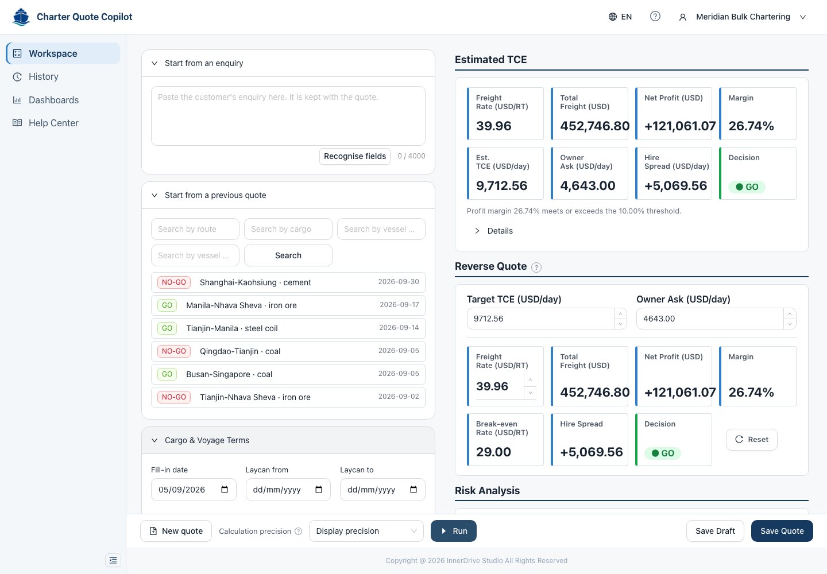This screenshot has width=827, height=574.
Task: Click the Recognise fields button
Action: coord(354,156)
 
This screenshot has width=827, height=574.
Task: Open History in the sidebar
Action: coord(43,76)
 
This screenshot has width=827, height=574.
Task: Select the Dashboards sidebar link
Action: coord(53,100)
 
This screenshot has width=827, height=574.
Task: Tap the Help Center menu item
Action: coord(53,123)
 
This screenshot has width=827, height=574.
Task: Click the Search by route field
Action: coord(195,229)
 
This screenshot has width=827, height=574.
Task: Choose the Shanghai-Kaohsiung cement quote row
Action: coord(288,282)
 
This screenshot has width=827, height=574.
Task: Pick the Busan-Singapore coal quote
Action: coord(288,374)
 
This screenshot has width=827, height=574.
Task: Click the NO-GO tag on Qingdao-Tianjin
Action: coord(174,351)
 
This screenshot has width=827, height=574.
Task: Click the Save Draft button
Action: coord(715,531)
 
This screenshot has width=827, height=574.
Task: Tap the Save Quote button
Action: coord(782,531)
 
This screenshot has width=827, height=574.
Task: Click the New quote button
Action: coord(176,531)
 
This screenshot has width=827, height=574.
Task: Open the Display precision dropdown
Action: coord(366,531)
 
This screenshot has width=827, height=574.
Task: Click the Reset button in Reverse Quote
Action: coord(752,439)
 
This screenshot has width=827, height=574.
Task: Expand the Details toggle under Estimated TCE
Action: coord(494,231)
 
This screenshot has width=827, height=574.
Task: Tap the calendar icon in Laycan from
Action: coord(319,490)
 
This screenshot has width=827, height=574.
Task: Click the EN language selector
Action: coord(620,17)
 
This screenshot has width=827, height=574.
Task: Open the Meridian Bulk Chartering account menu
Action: coord(743,17)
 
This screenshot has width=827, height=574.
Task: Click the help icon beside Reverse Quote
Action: coord(536,267)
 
